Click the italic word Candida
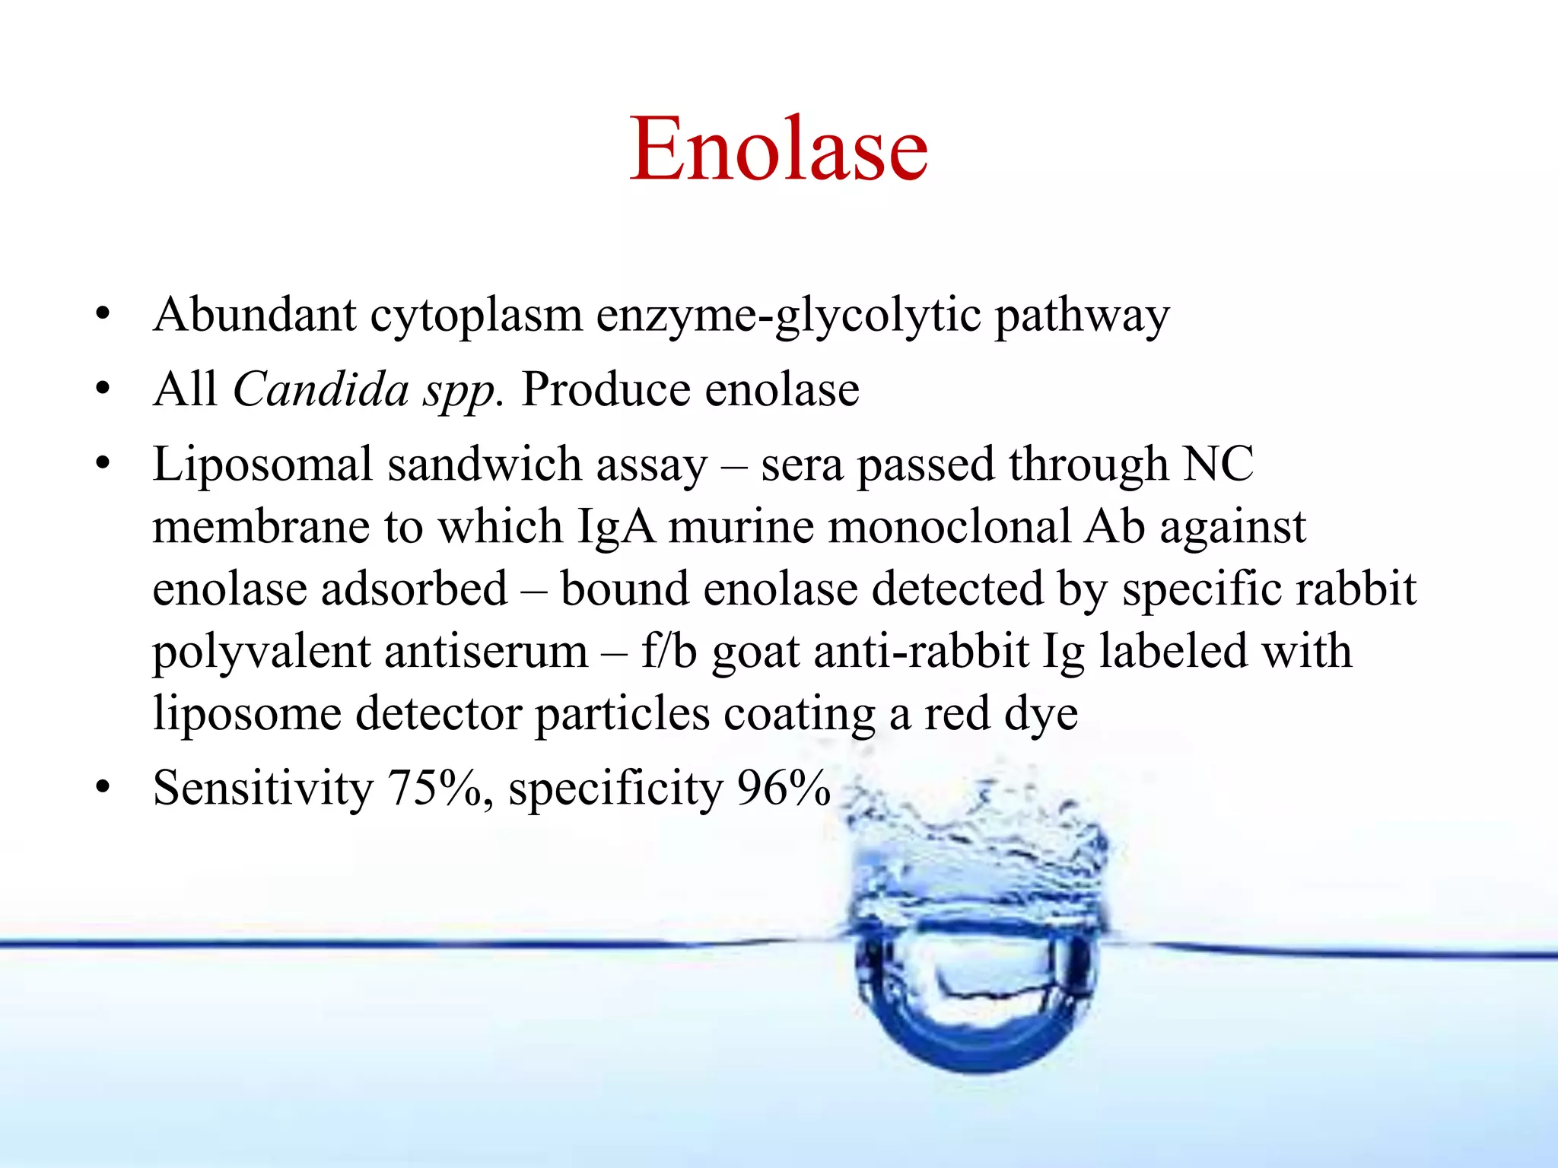[x=321, y=389]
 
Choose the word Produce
[x=606, y=389]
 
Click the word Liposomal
[x=262, y=465]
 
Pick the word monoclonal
[x=949, y=526]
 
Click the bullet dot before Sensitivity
[x=103, y=789]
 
